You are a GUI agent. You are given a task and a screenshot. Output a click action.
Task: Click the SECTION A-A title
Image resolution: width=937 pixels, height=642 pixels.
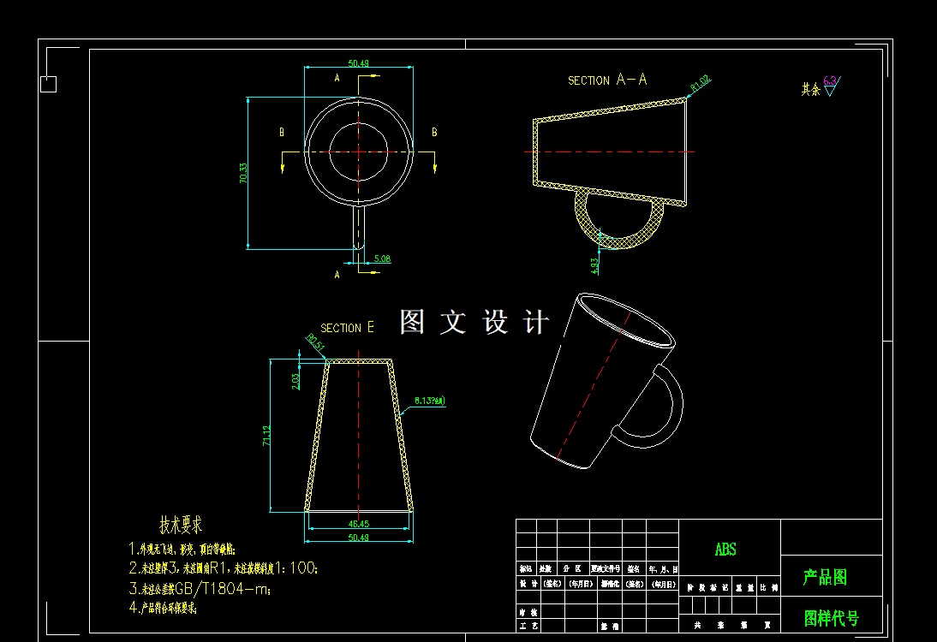click(x=607, y=80)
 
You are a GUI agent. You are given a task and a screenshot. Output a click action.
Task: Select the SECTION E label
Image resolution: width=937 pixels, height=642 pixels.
click(x=347, y=328)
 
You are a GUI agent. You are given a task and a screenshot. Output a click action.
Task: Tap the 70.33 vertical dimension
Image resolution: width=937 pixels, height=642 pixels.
click(x=243, y=174)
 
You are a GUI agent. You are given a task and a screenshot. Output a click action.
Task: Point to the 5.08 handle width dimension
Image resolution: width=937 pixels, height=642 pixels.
click(x=382, y=259)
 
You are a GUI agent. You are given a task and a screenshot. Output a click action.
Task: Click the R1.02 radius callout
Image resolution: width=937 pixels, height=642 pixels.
click(x=701, y=84)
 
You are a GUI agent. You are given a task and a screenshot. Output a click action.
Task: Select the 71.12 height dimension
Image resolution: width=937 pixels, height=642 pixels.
click(x=266, y=436)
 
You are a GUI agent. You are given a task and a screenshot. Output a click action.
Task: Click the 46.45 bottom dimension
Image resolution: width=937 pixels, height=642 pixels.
click(x=359, y=524)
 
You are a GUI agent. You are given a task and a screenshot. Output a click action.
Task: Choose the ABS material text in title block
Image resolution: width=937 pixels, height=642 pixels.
click(x=725, y=550)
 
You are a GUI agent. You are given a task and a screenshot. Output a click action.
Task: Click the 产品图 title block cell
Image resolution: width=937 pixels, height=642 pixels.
click(x=824, y=577)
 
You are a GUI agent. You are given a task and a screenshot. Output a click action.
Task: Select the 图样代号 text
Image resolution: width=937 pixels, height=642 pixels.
click(x=831, y=617)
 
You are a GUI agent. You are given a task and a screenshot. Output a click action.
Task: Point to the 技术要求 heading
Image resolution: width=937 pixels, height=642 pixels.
click(x=181, y=525)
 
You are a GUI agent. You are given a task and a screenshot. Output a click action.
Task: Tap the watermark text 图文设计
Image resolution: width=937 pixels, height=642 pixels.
click(x=474, y=322)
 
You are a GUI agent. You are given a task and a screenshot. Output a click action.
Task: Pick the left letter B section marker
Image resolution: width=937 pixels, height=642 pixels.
click(x=281, y=133)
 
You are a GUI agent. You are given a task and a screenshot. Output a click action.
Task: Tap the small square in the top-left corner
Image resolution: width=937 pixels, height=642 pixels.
click(x=49, y=84)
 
